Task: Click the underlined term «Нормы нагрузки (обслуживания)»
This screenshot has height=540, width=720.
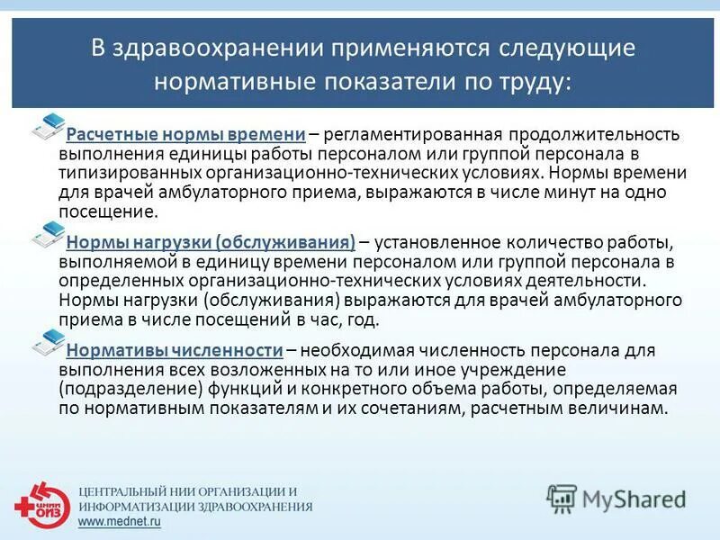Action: click(211, 242)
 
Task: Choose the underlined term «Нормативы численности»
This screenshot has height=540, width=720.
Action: click(175, 349)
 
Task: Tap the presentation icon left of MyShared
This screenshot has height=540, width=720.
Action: click(562, 498)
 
